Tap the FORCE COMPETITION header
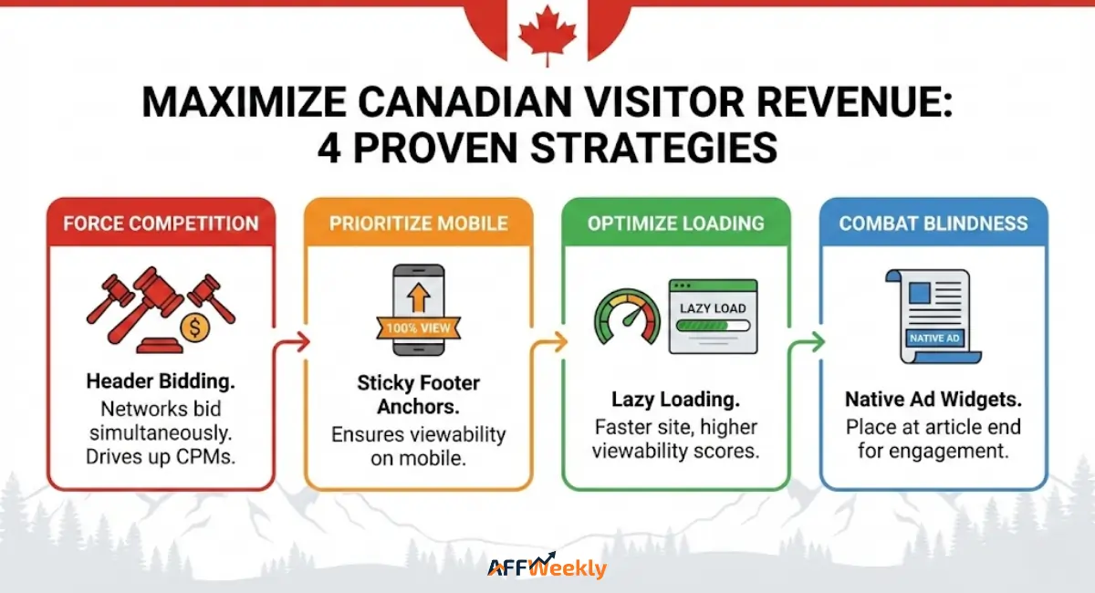161,224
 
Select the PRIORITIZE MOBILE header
419,224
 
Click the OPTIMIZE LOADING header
675,224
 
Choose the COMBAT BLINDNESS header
933,224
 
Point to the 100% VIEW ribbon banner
419,327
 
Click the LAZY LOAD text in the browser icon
714,307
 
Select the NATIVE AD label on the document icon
933,338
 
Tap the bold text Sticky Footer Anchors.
419,394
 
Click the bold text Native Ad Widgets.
933,400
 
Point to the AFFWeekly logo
547,567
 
